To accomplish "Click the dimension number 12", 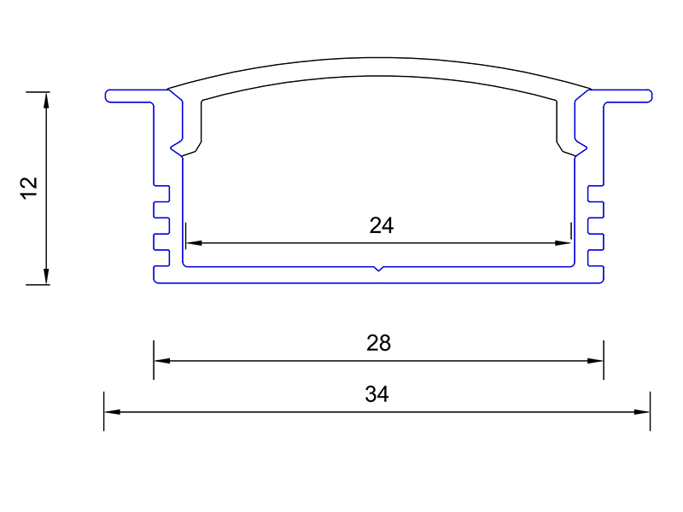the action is click(29, 188).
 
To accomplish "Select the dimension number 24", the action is click(382, 225).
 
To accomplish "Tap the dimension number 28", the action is click(378, 343).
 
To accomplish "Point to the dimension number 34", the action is click(377, 394).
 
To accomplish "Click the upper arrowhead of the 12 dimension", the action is click(47, 100).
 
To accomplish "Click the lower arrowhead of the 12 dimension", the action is click(47, 276).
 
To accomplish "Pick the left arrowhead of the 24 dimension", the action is click(194, 243).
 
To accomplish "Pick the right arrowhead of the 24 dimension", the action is click(563, 243).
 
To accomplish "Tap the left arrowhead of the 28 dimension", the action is click(162, 360).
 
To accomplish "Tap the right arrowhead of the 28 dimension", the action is click(595, 360).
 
